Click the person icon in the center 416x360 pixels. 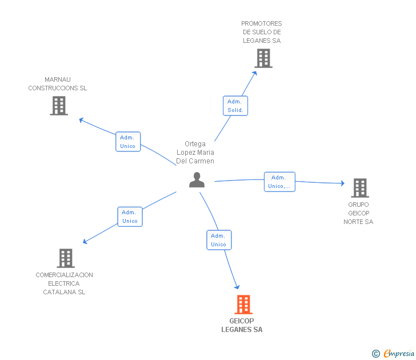(197, 180)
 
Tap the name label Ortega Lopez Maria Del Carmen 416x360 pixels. (195, 152)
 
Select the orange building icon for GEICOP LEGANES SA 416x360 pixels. (243, 305)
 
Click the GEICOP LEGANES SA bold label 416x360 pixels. (242, 325)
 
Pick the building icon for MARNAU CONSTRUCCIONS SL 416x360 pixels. (59, 106)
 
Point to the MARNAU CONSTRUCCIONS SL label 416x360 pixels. (58, 83)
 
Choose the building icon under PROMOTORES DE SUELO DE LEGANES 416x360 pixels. (263, 58)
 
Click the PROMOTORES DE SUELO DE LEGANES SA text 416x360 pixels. (262, 32)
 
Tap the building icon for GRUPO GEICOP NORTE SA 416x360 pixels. (360, 188)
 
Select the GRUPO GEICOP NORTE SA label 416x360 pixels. (358, 213)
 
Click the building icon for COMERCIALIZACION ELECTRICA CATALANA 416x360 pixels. (66, 258)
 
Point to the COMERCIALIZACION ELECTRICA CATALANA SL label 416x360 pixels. (64, 283)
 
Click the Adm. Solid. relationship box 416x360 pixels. (235, 106)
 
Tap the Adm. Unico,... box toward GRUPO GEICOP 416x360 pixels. (279, 182)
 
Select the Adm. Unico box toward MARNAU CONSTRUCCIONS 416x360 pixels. (128, 142)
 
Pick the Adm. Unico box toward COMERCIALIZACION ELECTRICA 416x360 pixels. (130, 217)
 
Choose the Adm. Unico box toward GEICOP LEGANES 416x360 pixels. (219, 240)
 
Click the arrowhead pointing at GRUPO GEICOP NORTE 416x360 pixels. (342, 183)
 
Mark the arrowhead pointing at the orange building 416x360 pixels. (237, 287)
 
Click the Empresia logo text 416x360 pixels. (399, 353)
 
